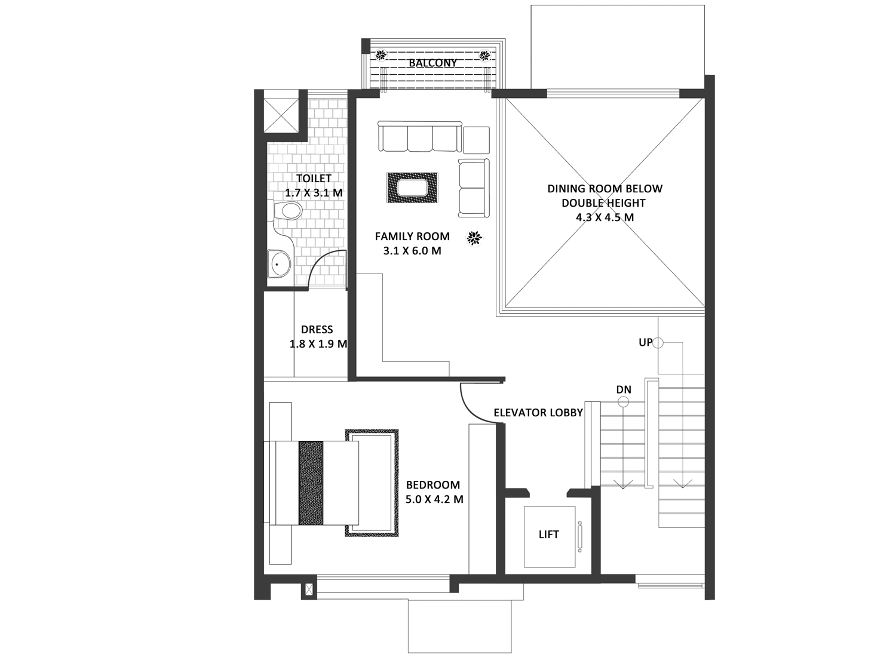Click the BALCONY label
432,63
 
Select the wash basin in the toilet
279,265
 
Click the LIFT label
548,535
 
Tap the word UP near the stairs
645,343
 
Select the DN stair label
624,389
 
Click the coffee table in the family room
412,188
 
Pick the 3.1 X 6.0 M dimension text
412,251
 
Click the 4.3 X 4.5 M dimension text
605,217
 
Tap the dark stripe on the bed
311,483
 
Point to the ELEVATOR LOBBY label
538,413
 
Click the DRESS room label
317,330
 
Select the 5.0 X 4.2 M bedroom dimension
434,499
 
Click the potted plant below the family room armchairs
475,238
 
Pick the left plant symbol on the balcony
381,54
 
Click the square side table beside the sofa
477,140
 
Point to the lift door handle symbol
579,537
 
